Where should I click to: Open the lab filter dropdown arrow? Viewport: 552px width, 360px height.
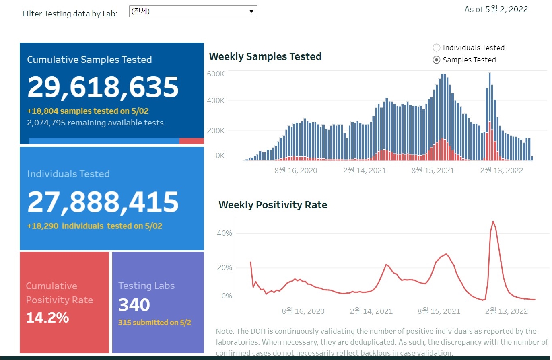pyautogui.click(x=251, y=12)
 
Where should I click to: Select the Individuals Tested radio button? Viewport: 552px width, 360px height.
pyautogui.click(x=436, y=48)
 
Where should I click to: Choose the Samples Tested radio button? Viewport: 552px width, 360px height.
pyautogui.click(x=436, y=60)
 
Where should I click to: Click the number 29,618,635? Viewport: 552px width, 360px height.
pyautogui.click(x=103, y=87)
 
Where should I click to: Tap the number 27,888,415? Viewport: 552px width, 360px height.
pyautogui.click(x=103, y=202)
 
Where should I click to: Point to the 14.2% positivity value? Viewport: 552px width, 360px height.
pyautogui.click(x=47, y=318)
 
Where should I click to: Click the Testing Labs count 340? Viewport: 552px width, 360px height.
pyautogui.click(x=134, y=305)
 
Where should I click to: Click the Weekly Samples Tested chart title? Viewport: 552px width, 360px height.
pyautogui.click(x=265, y=57)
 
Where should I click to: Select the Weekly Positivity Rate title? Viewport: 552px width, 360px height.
pyautogui.click(x=273, y=205)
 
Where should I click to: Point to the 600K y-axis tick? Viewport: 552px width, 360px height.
pyautogui.click(x=216, y=74)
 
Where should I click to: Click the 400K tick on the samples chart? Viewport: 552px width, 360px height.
pyautogui.click(x=216, y=101)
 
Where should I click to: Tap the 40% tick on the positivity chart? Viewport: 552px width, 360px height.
pyautogui.click(x=225, y=233)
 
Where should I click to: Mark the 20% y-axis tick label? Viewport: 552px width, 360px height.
pyautogui.click(x=225, y=268)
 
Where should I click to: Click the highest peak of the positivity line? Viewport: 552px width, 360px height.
pyautogui.click(x=493, y=221)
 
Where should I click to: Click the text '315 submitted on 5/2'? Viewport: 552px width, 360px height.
pyautogui.click(x=154, y=323)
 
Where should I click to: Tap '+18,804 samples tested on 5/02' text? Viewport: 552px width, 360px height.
pyautogui.click(x=91, y=111)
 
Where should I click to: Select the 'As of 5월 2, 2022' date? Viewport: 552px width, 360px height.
pyautogui.click(x=496, y=10)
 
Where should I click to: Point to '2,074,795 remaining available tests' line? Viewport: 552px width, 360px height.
pyautogui.click(x=95, y=123)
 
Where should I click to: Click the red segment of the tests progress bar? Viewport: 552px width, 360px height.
pyautogui.click(x=192, y=141)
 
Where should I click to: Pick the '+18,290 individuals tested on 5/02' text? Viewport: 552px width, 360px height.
pyautogui.click(x=95, y=226)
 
